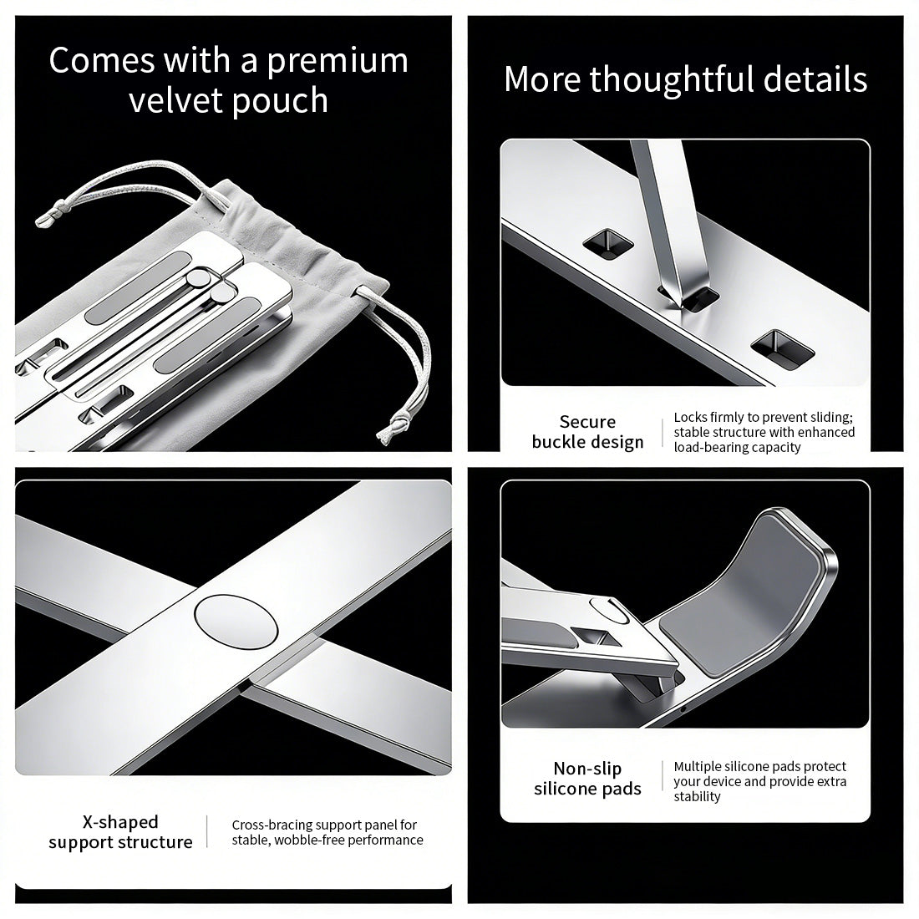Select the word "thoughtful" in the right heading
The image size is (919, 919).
click(x=672, y=79)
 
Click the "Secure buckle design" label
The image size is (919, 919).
click(x=587, y=432)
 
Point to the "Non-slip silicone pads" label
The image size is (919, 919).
click(x=587, y=779)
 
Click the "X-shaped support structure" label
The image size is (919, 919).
click(x=120, y=832)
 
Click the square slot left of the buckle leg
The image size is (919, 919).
click(x=607, y=243)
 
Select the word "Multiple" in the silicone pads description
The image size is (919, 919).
click(x=700, y=766)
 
